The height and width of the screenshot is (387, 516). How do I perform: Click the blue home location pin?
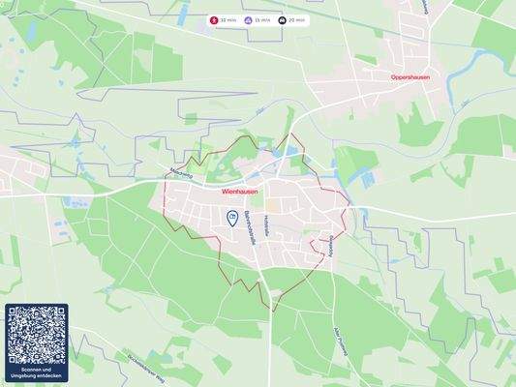[232, 219]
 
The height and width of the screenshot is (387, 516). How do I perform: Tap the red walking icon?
[214, 19]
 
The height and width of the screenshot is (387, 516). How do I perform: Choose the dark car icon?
[282, 19]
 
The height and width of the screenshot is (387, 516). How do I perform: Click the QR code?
[37, 335]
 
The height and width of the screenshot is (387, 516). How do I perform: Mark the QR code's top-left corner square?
[17, 315]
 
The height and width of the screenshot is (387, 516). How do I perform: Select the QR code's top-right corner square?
[56, 315]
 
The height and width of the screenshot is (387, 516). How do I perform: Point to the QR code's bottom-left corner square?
[17, 354]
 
